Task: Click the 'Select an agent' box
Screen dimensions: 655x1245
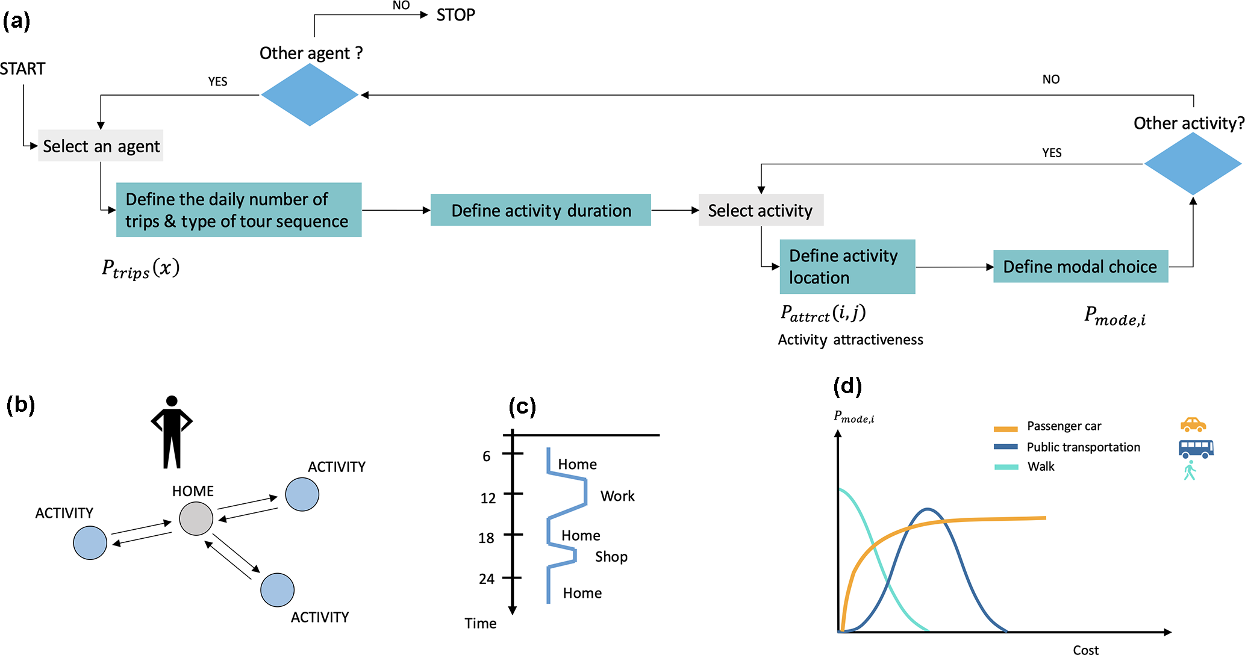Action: (101, 146)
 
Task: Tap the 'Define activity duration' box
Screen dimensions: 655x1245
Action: (540, 210)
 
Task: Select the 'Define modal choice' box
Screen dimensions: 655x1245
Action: (1080, 267)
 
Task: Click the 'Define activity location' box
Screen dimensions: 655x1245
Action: (847, 267)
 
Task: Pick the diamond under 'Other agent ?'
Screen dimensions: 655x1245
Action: (310, 95)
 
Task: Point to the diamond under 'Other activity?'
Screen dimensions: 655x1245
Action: (1193, 164)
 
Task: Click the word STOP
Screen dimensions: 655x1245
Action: (455, 15)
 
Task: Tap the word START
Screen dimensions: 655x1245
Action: (22, 69)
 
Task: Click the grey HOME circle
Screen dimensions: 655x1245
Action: (196, 518)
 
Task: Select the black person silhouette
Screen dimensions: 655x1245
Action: (172, 432)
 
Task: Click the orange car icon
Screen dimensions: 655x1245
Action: (1193, 425)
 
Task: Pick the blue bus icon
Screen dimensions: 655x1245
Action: (1196, 449)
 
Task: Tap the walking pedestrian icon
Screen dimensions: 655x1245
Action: (1190, 471)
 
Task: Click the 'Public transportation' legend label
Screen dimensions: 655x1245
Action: (1083, 447)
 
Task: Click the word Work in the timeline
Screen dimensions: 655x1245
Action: (617, 496)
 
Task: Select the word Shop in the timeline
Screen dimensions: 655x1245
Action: (611, 557)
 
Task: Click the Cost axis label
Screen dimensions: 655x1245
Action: (1085, 650)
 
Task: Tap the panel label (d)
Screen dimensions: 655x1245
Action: (847, 386)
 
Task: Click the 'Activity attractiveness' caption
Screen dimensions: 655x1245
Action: (850, 340)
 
